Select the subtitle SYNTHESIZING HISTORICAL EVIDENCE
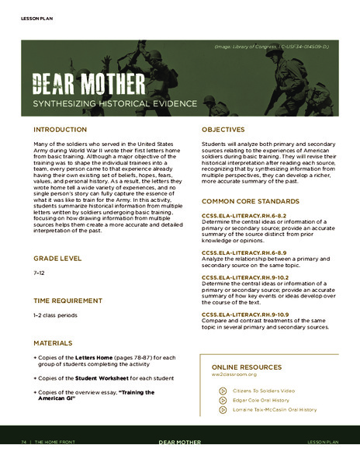click(x=104, y=103)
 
